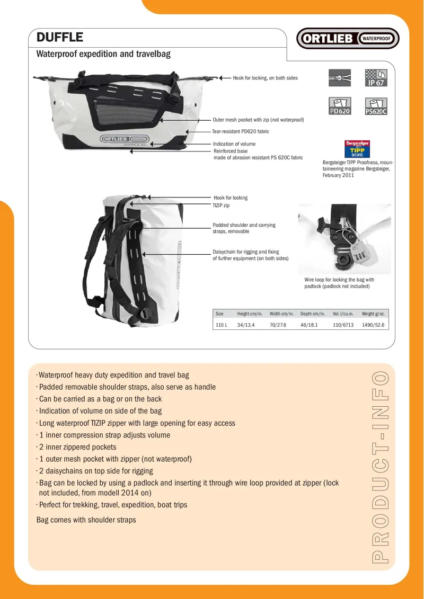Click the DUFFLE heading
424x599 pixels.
[59, 37]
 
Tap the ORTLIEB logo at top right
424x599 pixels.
[348, 39]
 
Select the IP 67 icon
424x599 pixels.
[376, 78]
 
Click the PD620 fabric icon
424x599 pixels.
[340, 106]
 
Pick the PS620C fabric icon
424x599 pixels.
[376, 106]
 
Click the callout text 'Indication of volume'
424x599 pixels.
[234, 144]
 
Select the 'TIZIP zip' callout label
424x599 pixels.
[221, 205]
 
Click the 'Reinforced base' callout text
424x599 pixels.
[230, 151]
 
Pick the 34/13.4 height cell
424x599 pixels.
[246, 325]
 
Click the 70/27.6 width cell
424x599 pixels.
[278, 325]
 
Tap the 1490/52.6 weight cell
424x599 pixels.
[373, 325]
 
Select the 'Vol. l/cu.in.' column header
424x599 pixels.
[343, 314]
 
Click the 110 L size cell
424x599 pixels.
[222, 325]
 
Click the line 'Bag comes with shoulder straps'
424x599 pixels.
[86, 520]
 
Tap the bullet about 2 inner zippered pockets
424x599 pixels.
[77, 447]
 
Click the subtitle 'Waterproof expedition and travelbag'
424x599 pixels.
[103, 54]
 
